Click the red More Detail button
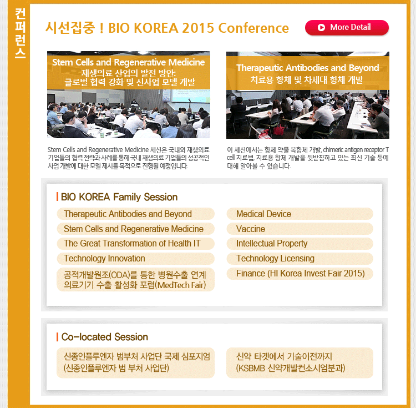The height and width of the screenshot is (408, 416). point(347,27)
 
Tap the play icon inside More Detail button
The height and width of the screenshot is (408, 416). point(321,27)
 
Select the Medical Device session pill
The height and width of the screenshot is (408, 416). point(300,214)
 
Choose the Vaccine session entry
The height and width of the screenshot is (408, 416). point(300,229)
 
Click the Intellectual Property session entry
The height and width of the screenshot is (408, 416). point(300,244)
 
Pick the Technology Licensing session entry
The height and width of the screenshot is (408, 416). point(300,258)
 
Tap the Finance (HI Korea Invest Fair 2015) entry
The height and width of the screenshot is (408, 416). point(300,274)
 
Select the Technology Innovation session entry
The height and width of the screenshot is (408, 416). point(135,258)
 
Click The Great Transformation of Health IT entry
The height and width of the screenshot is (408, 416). point(135,244)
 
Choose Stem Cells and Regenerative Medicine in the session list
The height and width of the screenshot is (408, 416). point(135,229)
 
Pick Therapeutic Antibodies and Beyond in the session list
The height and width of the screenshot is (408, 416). point(135,214)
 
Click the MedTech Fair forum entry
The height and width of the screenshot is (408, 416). point(135,280)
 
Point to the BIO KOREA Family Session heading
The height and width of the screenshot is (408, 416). point(119,197)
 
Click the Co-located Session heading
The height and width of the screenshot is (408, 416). point(104,337)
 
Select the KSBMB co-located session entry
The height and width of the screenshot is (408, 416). point(300,362)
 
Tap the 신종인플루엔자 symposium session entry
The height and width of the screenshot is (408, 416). point(135,362)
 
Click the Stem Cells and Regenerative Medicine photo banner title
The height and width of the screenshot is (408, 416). point(129,62)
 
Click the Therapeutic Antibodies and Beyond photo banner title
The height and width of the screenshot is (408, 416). point(308,68)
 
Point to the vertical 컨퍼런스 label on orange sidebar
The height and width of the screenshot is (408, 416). point(20,33)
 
